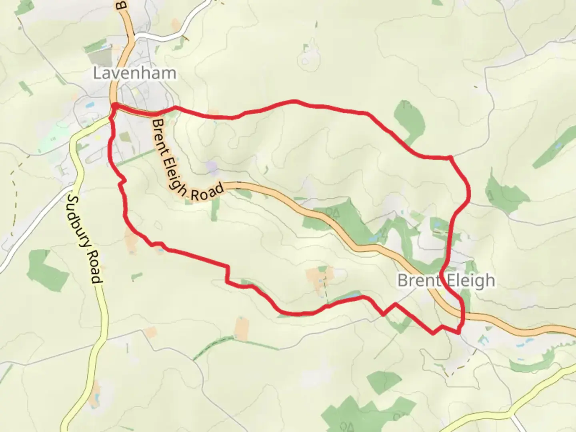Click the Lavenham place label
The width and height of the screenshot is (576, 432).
pos(134,73)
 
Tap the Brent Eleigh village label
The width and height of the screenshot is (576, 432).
pos(446,280)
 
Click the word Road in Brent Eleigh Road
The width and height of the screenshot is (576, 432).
pos(207,192)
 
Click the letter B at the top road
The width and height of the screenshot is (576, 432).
pos(119,5)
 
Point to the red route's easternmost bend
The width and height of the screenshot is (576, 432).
pos(468,194)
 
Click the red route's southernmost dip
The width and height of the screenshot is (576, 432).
pos(433,333)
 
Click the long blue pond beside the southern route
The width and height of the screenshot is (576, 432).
pos(350,296)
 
